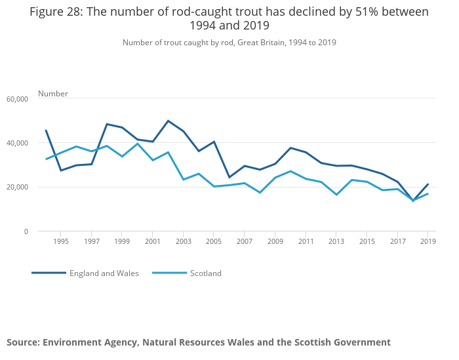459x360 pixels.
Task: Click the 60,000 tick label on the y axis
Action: tap(17, 99)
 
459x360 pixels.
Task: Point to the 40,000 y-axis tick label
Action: tap(17, 143)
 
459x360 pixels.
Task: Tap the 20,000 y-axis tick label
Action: tap(17, 187)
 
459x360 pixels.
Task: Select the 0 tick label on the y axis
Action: tap(26, 231)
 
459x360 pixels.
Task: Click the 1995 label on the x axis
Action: tap(60, 241)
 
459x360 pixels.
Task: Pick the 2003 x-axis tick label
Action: tap(183, 241)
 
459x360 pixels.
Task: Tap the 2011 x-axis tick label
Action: tap(306, 241)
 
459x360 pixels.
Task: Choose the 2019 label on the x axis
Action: tap(428, 241)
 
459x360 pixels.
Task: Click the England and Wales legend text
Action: tap(104, 273)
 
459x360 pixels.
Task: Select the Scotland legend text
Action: tap(206, 273)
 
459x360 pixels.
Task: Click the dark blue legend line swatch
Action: tap(49, 273)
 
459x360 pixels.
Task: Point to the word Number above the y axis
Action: tap(53, 94)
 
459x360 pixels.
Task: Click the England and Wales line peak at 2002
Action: tap(168, 121)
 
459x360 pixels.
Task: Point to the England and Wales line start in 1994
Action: tap(45, 130)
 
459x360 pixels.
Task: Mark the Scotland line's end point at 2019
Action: tap(428, 193)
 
